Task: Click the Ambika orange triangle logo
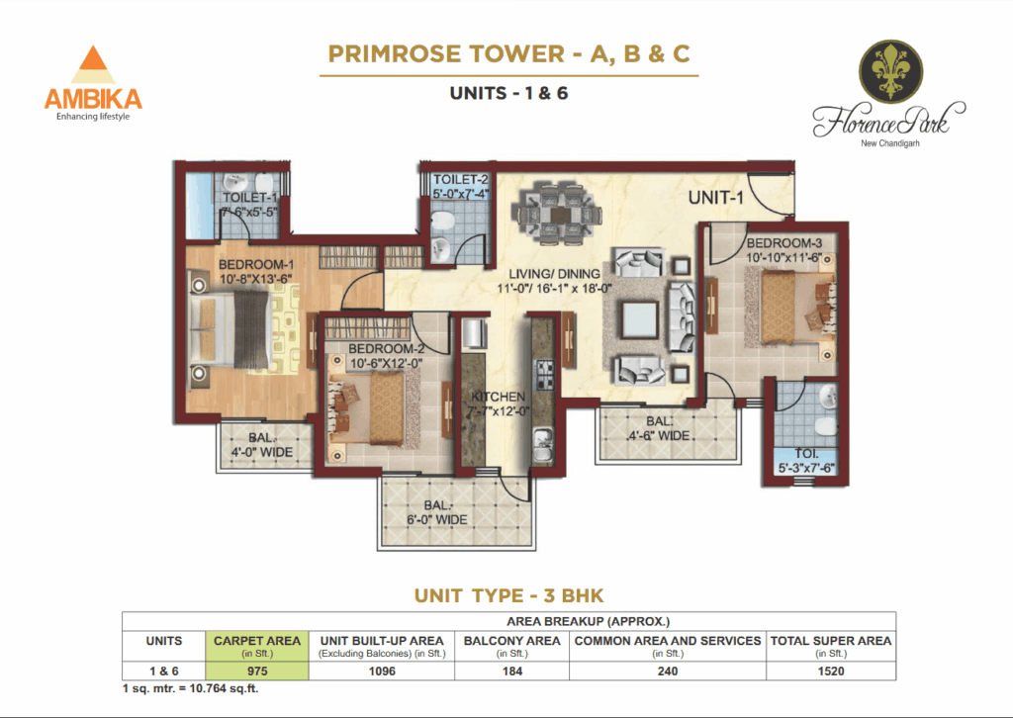click(x=93, y=64)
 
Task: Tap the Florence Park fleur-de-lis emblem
click(x=890, y=70)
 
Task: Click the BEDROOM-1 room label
click(x=256, y=265)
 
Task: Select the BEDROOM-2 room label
click(x=386, y=349)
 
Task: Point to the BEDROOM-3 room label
click(x=784, y=243)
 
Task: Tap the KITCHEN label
click(x=498, y=397)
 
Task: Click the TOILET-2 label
click(x=461, y=179)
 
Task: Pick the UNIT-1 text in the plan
click(x=716, y=197)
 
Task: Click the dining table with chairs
click(x=556, y=215)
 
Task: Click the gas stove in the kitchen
click(x=543, y=375)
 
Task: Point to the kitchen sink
click(x=543, y=445)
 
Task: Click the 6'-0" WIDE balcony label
click(x=436, y=520)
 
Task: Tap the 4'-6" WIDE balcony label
click(x=659, y=436)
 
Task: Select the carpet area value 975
click(x=257, y=672)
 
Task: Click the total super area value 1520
click(x=831, y=672)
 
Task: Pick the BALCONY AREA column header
click(x=511, y=641)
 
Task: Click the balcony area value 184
click(x=511, y=672)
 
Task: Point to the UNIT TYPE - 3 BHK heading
click(x=509, y=595)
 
